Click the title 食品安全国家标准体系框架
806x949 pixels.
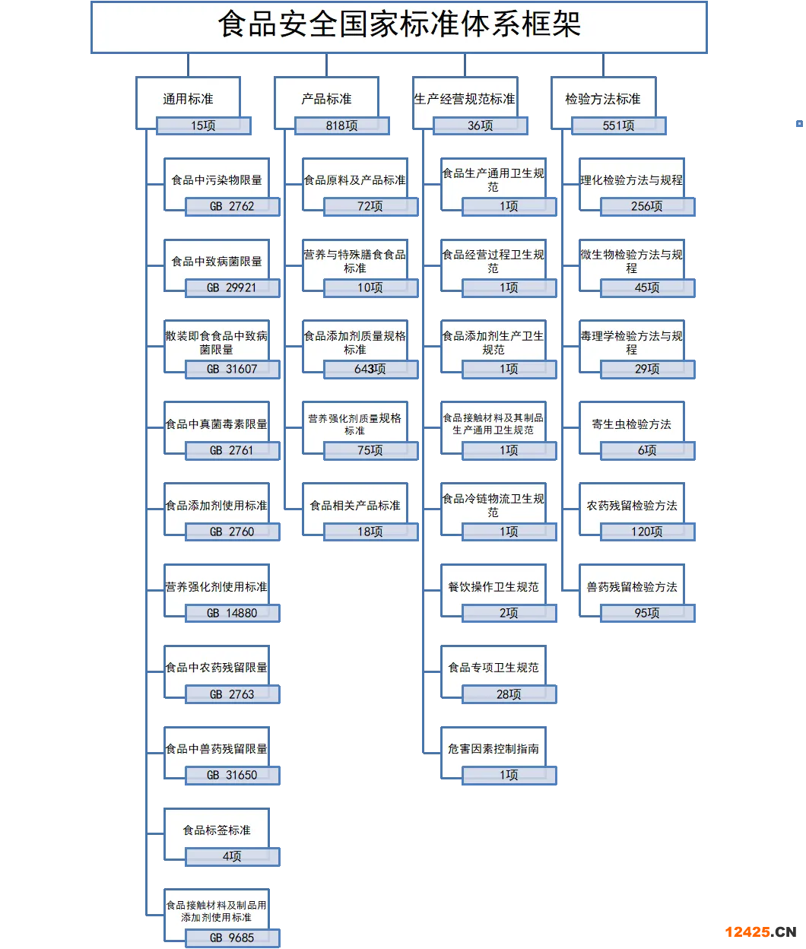click(x=399, y=24)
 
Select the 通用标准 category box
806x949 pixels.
click(x=188, y=99)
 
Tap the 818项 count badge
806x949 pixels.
click(x=342, y=125)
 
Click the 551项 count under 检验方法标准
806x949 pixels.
click(x=619, y=125)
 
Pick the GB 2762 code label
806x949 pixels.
click(x=232, y=207)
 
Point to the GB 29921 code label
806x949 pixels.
click(x=232, y=288)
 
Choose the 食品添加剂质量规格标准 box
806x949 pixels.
click(x=355, y=342)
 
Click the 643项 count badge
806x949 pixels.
click(x=371, y=369)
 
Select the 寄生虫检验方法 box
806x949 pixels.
click(x=632, y=424)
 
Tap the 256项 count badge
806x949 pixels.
click(x=648, y=207)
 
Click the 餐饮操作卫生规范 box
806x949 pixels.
click(x=493, y=587)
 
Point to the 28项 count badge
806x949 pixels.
click(x=509, y=694)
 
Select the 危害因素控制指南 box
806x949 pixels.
click(x=493, y=749)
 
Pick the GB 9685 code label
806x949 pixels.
click(x=232, y=938)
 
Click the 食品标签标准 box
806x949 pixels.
click(x=217, y=830)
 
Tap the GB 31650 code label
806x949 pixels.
click(x=232, y=776)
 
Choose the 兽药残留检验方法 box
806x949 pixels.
click(x=632, y=587)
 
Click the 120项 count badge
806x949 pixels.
click(x=648, y=532)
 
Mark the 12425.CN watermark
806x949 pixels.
click(x=760, y=932)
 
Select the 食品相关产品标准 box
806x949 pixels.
click(x=355, y=506)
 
